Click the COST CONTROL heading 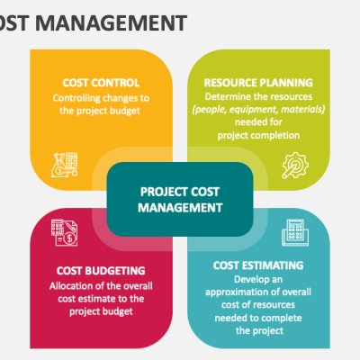click(101, 80)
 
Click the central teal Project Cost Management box click(180, 198)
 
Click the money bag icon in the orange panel click(67, 163)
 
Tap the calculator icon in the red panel click(64, 233)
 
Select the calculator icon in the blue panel click(292, 233)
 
